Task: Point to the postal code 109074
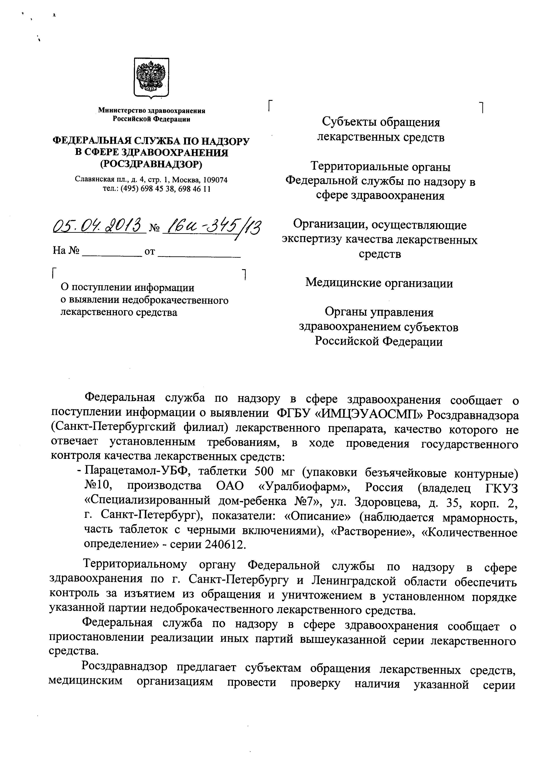(215, 180)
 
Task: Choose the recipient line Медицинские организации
(379, 283)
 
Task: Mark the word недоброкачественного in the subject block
(176, 300)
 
